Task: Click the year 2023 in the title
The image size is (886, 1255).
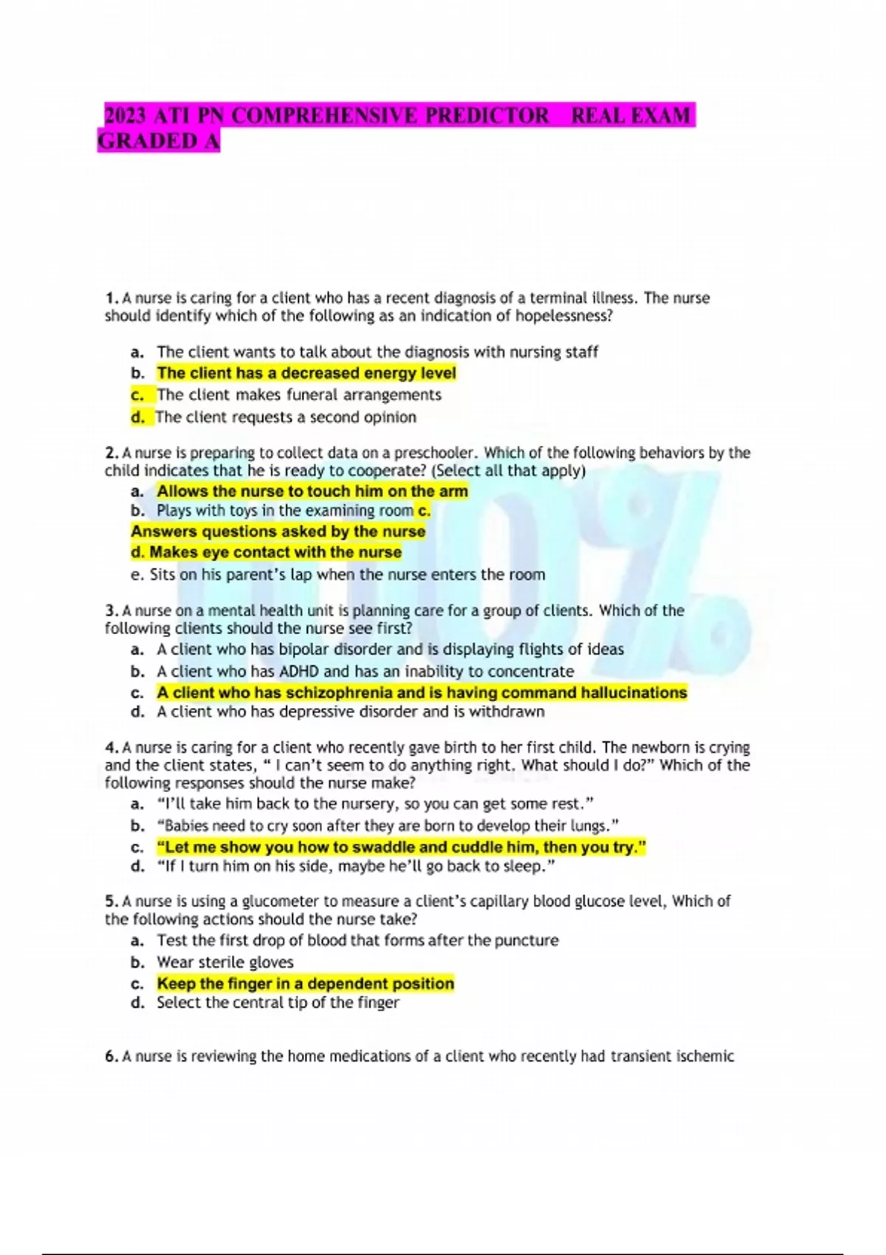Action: (x=126, y=116)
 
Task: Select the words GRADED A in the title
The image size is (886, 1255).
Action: (x=159, y=141)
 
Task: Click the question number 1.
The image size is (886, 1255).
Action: (x=111, y=298)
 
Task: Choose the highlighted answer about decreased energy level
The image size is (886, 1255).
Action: (x=306, y=374)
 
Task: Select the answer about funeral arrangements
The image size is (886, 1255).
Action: (x=299, y=395)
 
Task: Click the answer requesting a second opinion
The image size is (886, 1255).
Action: (x=286, y=417)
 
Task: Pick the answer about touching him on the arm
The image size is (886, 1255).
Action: (x=312, y=492)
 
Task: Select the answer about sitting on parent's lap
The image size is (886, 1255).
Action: (x=347, y=574)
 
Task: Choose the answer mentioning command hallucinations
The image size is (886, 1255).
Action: (x=422, y=692)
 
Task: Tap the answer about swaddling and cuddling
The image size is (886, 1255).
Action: (x=402, y=847)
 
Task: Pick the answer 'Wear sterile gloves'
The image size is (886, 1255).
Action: (x=224, y=962)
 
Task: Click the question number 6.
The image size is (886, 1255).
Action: (x=111, y=1056)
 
